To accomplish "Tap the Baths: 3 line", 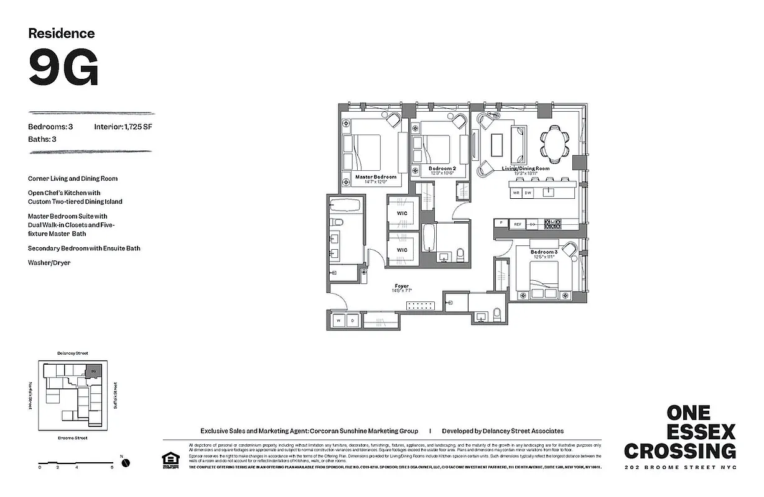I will pyautogui.click(x=42, y=139).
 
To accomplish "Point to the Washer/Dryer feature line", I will pyautogui.click(x=49, y=263).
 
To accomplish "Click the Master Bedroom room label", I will pyautogui.click(x=375, y=177).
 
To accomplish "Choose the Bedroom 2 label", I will pyautogui.click(x=442, y=168).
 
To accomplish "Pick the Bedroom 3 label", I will pyautogui.click(x=544, y=252).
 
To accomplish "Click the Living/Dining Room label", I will pyautogui.click(x=526, y=168).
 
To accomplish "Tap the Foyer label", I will pyautogui.click(x=401, y=286).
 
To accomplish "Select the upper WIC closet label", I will pyautogui.click(x=402, y=212).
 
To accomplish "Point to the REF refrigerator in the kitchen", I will pyautogui.click(x=518, y=224).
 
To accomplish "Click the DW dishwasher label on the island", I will pyautogui.click(x=528, y=193).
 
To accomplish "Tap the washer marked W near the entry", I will pyautogui.click(x=339, y=321).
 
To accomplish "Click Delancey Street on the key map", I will pyautogui.click(x=73, y=352).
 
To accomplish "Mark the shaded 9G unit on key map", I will pyautogui.click(x=93, y=370).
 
